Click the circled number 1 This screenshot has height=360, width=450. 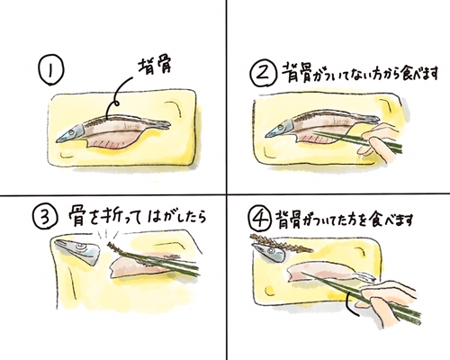50,72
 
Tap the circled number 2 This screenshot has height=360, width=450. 263,73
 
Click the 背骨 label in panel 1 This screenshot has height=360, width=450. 154,68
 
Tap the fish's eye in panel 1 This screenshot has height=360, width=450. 71,132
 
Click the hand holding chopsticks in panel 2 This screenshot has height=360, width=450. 380,142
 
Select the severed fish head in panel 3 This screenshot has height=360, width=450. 78,251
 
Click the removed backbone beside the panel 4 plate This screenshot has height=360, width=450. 281,242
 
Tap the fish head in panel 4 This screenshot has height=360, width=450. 269,253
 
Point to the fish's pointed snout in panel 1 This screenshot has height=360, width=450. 57,140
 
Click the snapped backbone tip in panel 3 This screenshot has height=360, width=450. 111,245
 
